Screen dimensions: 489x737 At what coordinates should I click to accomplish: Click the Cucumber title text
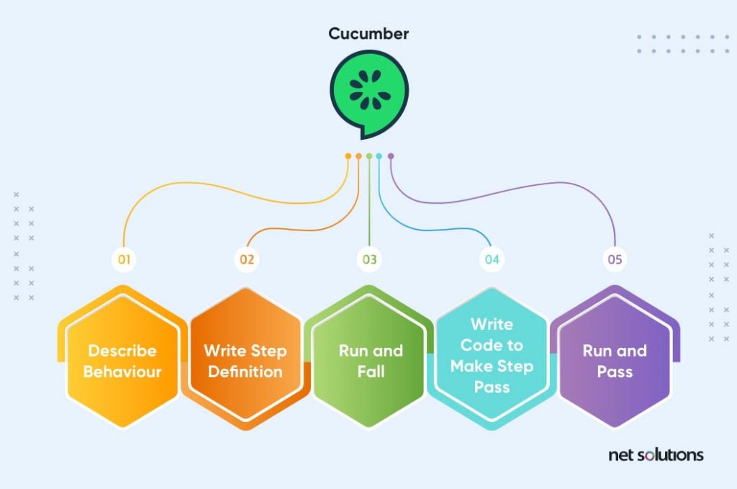[369, 34]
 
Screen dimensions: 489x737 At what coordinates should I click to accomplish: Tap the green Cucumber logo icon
[369, 94]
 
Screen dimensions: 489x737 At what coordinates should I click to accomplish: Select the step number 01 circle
[124, 259]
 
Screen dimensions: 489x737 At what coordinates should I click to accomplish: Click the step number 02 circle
[247, 259]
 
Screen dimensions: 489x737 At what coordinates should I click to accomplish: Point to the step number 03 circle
[369, 259]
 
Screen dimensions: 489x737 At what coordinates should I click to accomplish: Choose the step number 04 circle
[492, 259]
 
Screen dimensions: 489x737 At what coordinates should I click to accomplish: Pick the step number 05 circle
[615, 259]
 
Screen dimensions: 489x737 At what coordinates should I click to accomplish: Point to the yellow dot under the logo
[348, 156]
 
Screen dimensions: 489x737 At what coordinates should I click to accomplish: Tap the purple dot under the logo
[391, 156]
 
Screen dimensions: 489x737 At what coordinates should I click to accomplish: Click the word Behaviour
[122, 372]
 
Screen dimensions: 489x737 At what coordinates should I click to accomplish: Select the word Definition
[245, 372]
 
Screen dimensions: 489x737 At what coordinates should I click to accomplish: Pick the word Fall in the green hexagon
[371, 372]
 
